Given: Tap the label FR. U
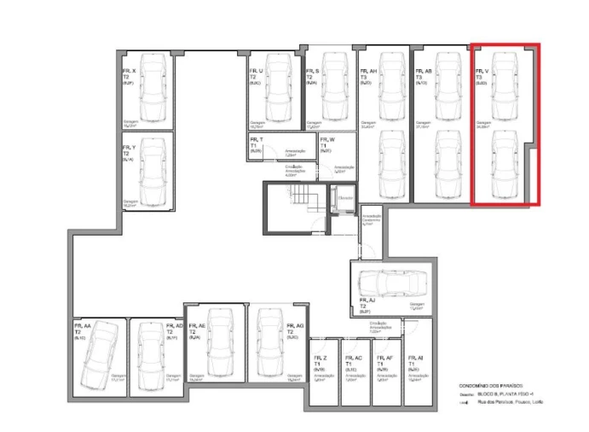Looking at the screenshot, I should coord(257,71).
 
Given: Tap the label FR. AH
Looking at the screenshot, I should coord(368,72).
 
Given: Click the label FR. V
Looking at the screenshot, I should coord(482,72).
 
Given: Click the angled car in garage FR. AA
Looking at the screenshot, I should coord(95,353).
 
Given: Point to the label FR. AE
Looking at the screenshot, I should coord(198,326).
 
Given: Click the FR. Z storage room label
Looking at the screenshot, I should coord(320,360).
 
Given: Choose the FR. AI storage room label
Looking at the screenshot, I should coord(415,360).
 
